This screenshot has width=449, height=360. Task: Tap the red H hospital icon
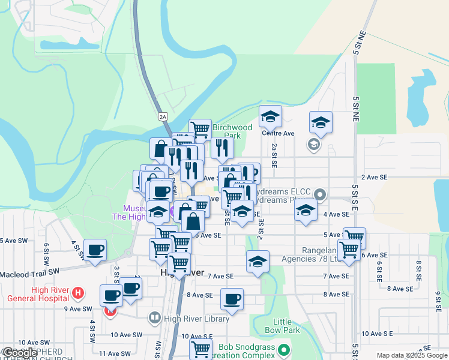(x=77, y=293)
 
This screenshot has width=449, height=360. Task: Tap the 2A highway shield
(x=163, y=116)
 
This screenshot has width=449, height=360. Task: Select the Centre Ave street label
(x=280, y=133)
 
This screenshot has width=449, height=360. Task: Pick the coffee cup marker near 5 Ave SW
(x=95, y=250)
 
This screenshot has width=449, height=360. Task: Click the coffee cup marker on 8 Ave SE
(x=232, y=299)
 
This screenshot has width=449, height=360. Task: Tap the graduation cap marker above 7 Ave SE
(x=258, y=261)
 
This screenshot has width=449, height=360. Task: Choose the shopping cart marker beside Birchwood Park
(x=200, y=128)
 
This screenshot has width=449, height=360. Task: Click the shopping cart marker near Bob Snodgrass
(x=200, y=349)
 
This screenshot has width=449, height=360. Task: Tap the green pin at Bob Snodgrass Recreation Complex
(x=285, y=349)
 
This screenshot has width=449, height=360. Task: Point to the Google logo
(x=20, y=353)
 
